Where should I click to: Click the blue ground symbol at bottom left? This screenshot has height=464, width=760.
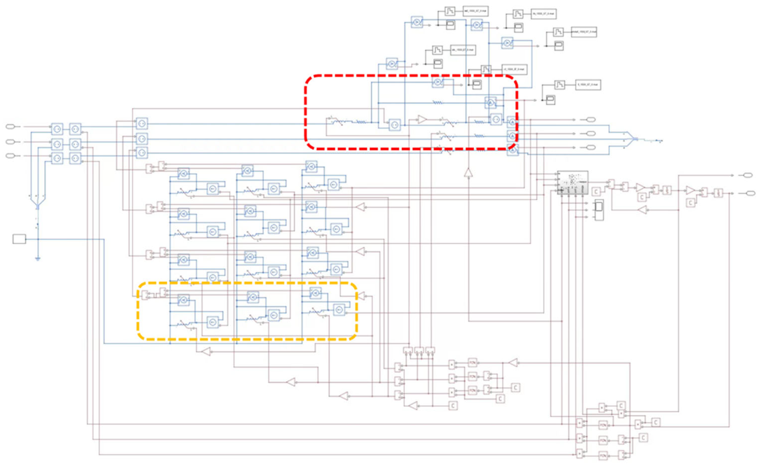pyautogui.click(x=38, y=259)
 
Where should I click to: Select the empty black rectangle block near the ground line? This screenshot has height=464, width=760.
pyautogui.click(x=19, y=239)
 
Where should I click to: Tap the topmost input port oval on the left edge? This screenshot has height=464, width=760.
pyautogui.click(x=10, y=127)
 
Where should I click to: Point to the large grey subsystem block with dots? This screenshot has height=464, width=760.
pyautogui.click(x=573, y=182)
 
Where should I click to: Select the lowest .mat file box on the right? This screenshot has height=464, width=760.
pyautogui.click(x=588, y=85)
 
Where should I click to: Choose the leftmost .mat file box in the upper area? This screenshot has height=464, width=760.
pyautogui.click(x=463, y=50)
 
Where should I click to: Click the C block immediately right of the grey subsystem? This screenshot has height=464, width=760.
pyautogui.click(x=596, y=192)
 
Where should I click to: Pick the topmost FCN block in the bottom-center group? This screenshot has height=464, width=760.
pyautogui.click(x=473, y=362)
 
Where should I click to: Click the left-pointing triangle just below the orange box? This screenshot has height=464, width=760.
pyautogui.click(x=206, y=352)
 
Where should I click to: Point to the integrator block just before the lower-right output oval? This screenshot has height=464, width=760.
pyautogui.click(x=718, y=193)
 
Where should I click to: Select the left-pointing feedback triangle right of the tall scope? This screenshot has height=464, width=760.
pyautogui.click(x=642, y=210)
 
